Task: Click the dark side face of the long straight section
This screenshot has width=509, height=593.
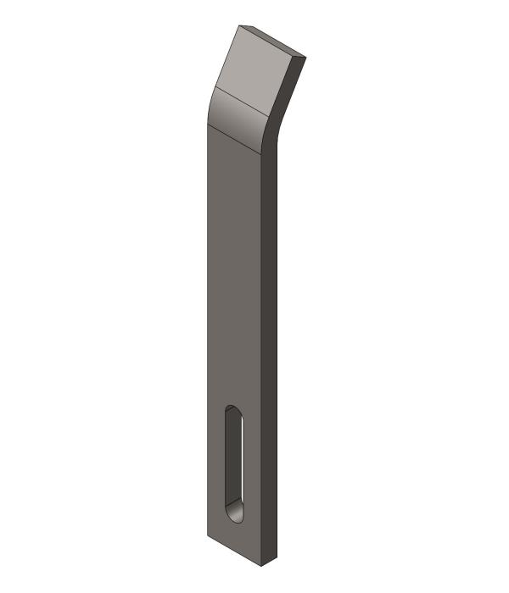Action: coord(269,339)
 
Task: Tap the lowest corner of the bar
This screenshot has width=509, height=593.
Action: coord(261,566)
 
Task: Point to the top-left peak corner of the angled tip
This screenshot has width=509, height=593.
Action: coord(240,25)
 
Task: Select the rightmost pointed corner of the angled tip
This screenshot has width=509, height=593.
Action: coord(305,58)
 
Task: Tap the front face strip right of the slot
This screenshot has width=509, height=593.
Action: coord(252,466)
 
